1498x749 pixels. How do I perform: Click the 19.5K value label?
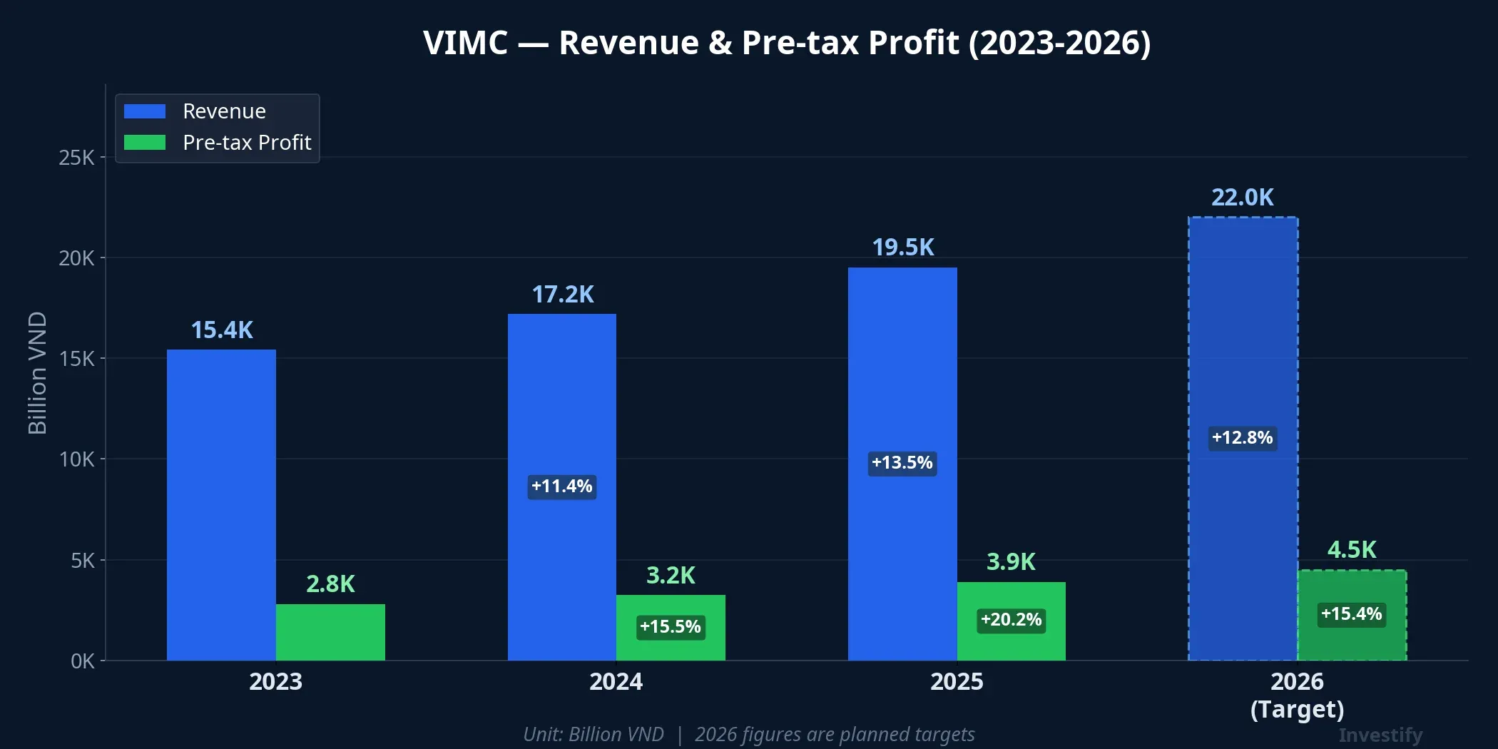pos(902,248)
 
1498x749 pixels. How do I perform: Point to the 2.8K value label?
pos(330,584)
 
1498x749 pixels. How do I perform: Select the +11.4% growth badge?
pos(561,486)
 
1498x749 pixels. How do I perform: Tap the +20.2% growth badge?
pos(1011,619)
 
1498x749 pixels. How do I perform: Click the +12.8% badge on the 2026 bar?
pos(1242,437)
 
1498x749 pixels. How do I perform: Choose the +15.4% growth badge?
pos(1351,613)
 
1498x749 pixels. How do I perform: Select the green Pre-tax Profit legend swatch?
pos(145,143)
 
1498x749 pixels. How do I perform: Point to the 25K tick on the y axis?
pos(76,158)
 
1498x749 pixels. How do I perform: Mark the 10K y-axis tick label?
pos(76,459)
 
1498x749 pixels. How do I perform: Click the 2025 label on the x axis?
pos(956,681)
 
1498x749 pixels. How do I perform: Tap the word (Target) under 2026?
pos(1297,709)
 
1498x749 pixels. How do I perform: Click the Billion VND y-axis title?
pos(37,373)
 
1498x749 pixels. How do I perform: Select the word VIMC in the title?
pos(465,43)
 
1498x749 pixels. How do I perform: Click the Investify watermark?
pos(1380,735)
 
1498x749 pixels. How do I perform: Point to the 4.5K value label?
pos(1351,550)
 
